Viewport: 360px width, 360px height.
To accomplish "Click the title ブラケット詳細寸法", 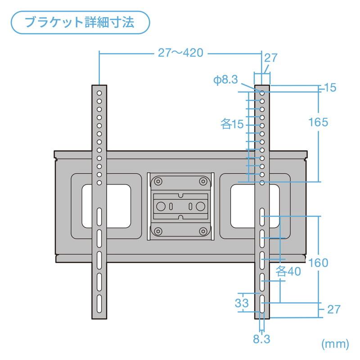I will coord(79,22).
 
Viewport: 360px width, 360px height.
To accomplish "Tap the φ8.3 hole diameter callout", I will coord(225,80).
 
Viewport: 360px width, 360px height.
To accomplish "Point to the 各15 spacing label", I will coord(232,124).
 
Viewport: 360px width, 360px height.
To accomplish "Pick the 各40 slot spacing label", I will coord(288,271).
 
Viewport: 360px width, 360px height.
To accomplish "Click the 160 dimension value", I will coord(319,262).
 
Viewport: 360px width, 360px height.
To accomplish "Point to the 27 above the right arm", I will coord(270,58).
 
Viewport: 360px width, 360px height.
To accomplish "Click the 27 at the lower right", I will coord(333,310).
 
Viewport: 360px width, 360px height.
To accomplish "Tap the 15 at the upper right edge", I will coord(330,88).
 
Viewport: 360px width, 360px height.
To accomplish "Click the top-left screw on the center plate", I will coord(157,181).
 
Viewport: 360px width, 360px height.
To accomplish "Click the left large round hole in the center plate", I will coord(160,207).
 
